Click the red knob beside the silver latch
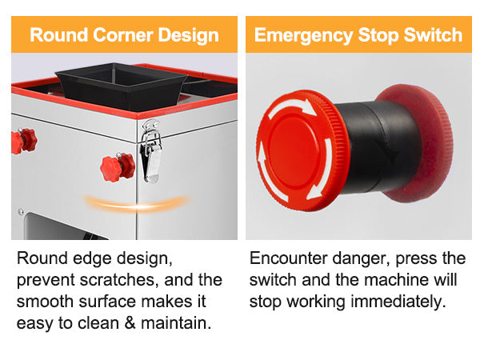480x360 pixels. [117, 167]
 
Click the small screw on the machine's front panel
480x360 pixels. [20, 212]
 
